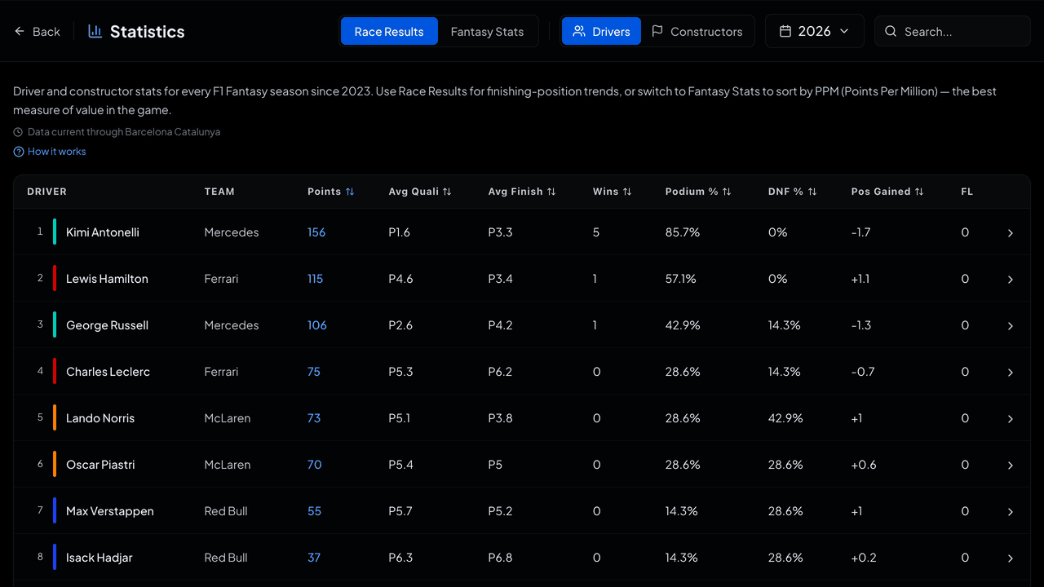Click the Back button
click(38, 32)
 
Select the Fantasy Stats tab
click(487, 32)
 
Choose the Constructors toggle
click(697, 32)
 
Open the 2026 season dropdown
click(814, 31)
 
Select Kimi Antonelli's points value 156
click(316, 232)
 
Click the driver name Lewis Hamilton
click(107, 279)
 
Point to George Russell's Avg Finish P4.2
click(500, 325)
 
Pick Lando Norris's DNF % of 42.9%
click(785, 418)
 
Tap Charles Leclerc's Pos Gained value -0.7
click(863, 372)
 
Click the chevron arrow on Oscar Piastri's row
click(1010, 465)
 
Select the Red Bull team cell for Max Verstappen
click(226, 511)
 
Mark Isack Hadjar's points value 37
click(314, 558)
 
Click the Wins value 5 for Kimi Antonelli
click(595, 232)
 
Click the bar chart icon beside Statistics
click(95, 31)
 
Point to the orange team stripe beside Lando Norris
click(55, 417)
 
